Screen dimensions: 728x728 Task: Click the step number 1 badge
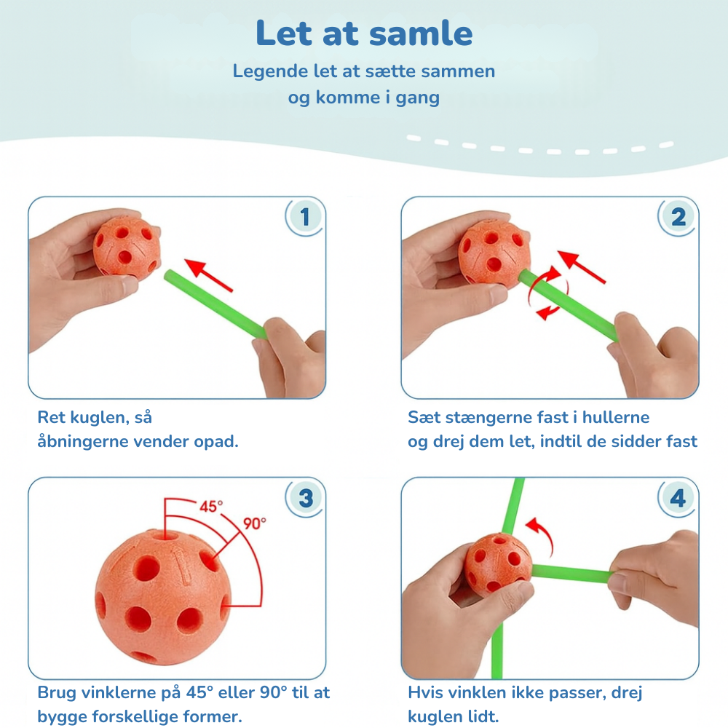coord(304,217)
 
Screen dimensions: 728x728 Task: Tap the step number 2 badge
coord(678,217)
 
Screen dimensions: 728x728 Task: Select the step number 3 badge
coord(305,498)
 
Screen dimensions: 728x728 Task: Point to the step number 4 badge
coord(678,498)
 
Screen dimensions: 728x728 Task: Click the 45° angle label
coord(211,506)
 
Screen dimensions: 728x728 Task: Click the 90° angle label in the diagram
coord(254,523)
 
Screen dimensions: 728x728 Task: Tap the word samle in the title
coord(421,33)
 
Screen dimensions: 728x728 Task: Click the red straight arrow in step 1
coord(208,275)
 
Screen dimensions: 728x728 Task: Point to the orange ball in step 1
coord(126,246)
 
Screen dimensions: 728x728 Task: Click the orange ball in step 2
coord(494,252)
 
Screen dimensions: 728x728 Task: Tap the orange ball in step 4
coord(498,564)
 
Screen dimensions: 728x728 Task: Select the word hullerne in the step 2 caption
coord(616,417)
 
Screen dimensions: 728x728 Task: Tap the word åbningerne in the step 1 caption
coord(83,442)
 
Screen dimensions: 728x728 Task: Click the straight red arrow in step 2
coord(581,266)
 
